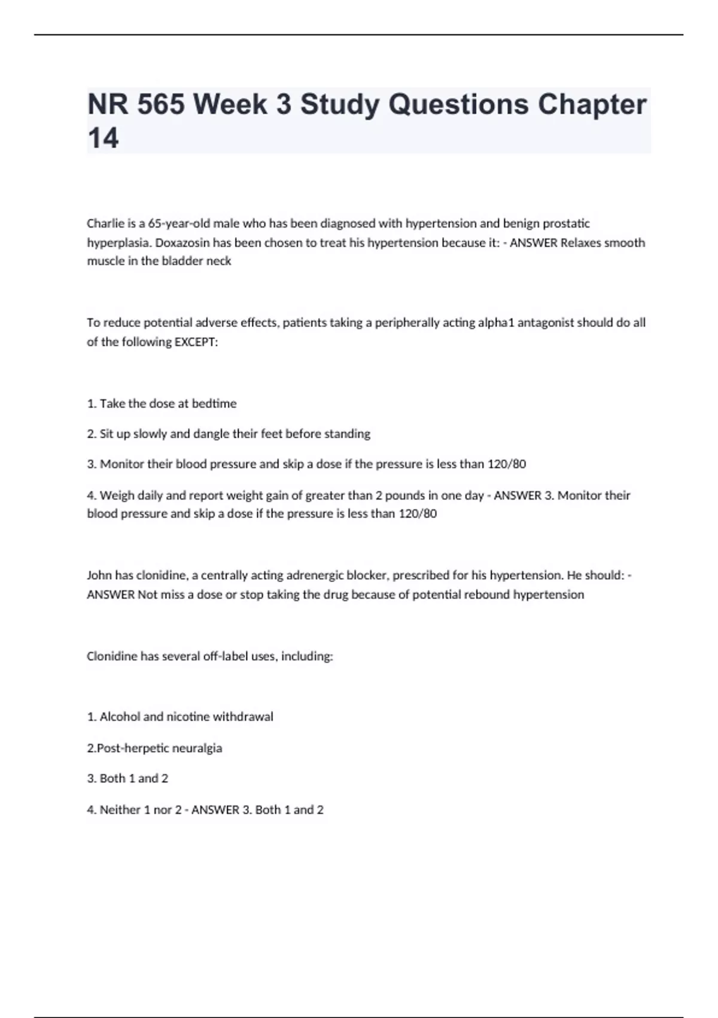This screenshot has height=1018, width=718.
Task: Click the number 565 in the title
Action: pos(160,105)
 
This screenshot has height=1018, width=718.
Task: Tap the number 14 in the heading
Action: pos(103,138)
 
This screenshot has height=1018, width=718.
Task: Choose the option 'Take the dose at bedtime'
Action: pos(162,404)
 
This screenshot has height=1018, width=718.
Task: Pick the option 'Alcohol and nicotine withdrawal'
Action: pos(180,717)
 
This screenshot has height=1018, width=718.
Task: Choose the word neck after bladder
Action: pos(218,261)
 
